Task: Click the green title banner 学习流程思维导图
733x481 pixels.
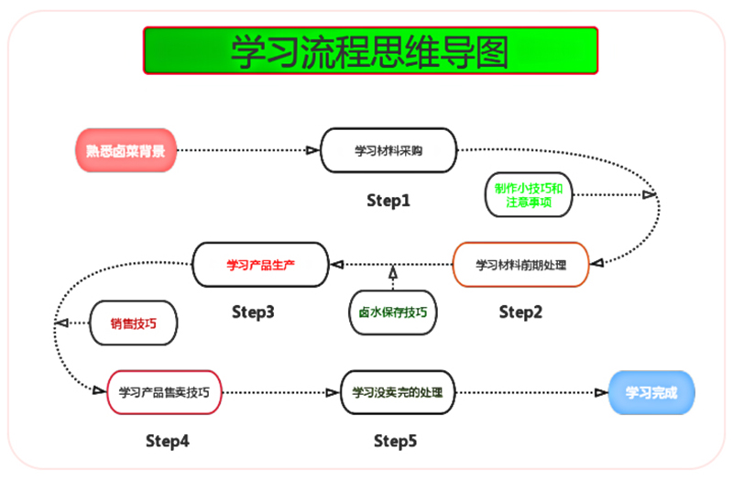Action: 370,50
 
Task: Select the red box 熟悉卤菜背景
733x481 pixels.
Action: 126,150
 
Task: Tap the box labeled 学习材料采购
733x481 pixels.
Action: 388,150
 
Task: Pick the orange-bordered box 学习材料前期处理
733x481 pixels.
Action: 520,265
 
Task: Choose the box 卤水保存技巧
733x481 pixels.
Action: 392,312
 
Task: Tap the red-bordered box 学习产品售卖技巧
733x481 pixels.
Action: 164,392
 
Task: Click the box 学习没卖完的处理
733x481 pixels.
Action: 398,392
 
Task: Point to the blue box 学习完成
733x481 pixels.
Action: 651,392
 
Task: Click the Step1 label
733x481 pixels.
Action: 388,200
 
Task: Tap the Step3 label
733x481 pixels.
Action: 253,312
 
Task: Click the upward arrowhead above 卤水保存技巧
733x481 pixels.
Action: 392,273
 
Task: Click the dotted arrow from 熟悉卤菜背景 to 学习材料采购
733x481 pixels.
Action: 247,150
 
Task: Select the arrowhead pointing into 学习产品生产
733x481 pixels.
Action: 336,265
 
